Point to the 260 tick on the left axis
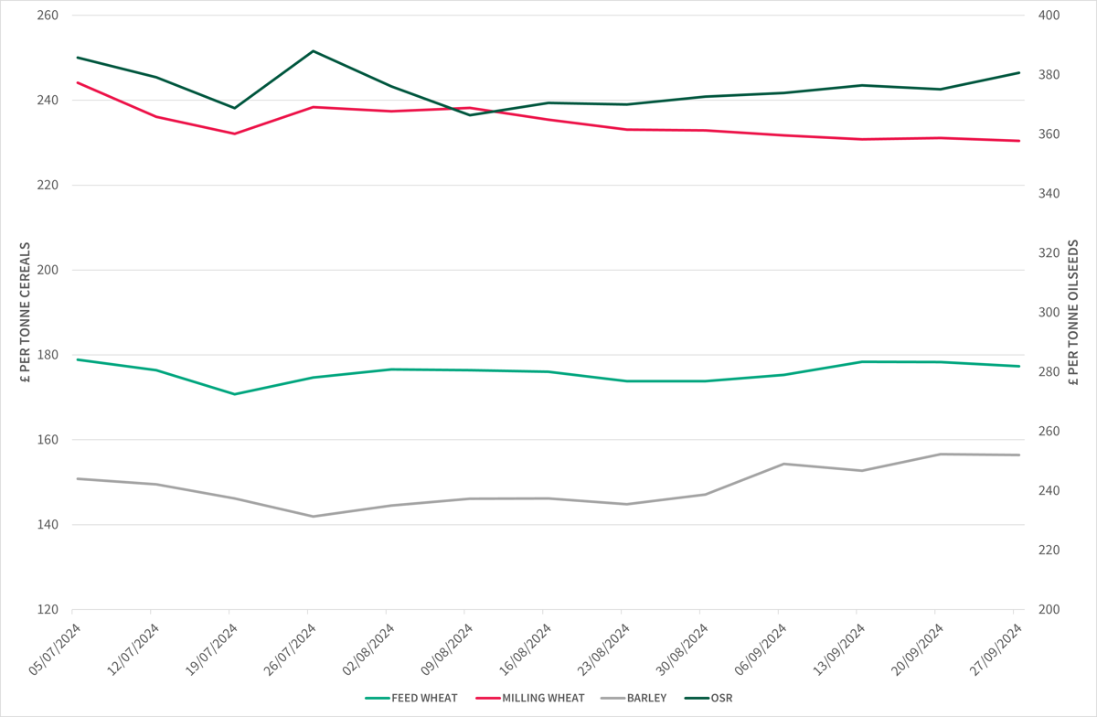(48, 16)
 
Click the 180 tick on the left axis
(48, 355)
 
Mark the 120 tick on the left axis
(48, 609)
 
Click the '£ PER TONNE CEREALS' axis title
(25, 313)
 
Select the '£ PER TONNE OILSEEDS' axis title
(1073, 313)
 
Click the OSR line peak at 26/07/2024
(313, 51)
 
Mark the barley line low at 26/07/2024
(313, 516)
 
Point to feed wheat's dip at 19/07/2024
(234, 394)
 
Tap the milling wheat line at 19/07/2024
(234, 134)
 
